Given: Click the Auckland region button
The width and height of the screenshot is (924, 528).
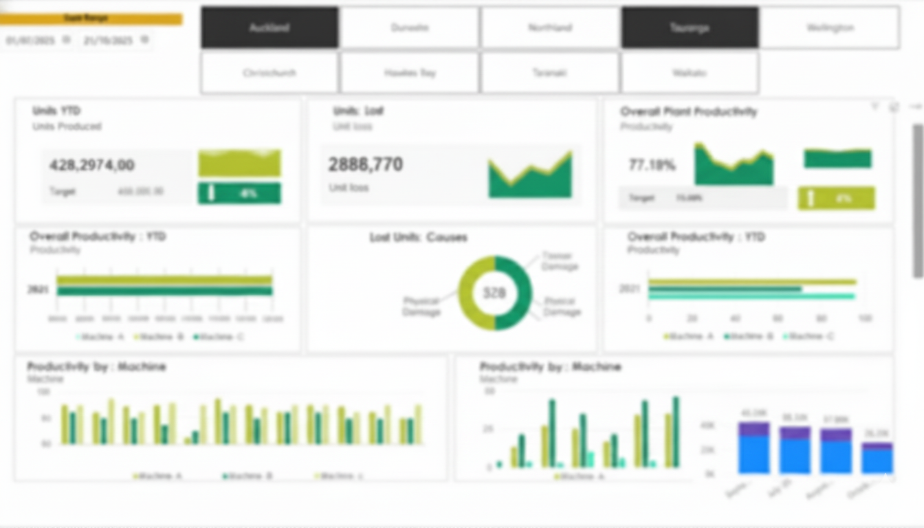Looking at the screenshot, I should (269, 27).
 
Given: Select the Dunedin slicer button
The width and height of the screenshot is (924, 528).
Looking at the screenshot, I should (410, 27).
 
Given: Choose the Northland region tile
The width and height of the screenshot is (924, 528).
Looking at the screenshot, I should (550, 27).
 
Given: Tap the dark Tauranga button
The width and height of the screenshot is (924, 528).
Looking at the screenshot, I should (690, 27).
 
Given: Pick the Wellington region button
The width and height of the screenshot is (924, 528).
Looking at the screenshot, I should (830, 27).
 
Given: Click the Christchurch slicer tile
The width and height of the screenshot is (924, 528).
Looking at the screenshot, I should (269, 72).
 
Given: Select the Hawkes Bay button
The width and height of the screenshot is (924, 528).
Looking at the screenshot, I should (410, 72).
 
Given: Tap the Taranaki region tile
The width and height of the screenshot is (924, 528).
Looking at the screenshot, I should (550, 72).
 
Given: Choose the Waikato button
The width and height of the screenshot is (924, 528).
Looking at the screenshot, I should (690, 72).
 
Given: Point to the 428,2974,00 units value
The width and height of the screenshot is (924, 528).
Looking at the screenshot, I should (92, 165).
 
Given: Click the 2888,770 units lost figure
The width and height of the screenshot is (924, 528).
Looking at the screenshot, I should (365, 164).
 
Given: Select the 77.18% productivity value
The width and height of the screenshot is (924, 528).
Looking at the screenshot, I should (652, 165).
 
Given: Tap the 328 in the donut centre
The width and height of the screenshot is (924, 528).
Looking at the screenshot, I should (494, 293).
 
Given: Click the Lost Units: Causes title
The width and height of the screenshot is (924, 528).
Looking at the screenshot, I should (418, 237).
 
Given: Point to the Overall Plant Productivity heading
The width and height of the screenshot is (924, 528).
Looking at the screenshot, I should (688, 111).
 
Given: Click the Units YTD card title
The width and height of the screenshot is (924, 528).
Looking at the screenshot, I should (56, 111).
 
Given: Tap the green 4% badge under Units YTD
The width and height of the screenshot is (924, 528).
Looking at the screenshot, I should (239, 193).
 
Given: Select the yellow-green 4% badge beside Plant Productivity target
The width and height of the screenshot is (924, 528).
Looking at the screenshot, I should (836, 198).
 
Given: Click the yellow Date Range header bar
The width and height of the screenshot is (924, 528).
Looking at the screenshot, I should (91, 19).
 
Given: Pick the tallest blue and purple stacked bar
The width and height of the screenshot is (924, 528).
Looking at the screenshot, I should (753, 448).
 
